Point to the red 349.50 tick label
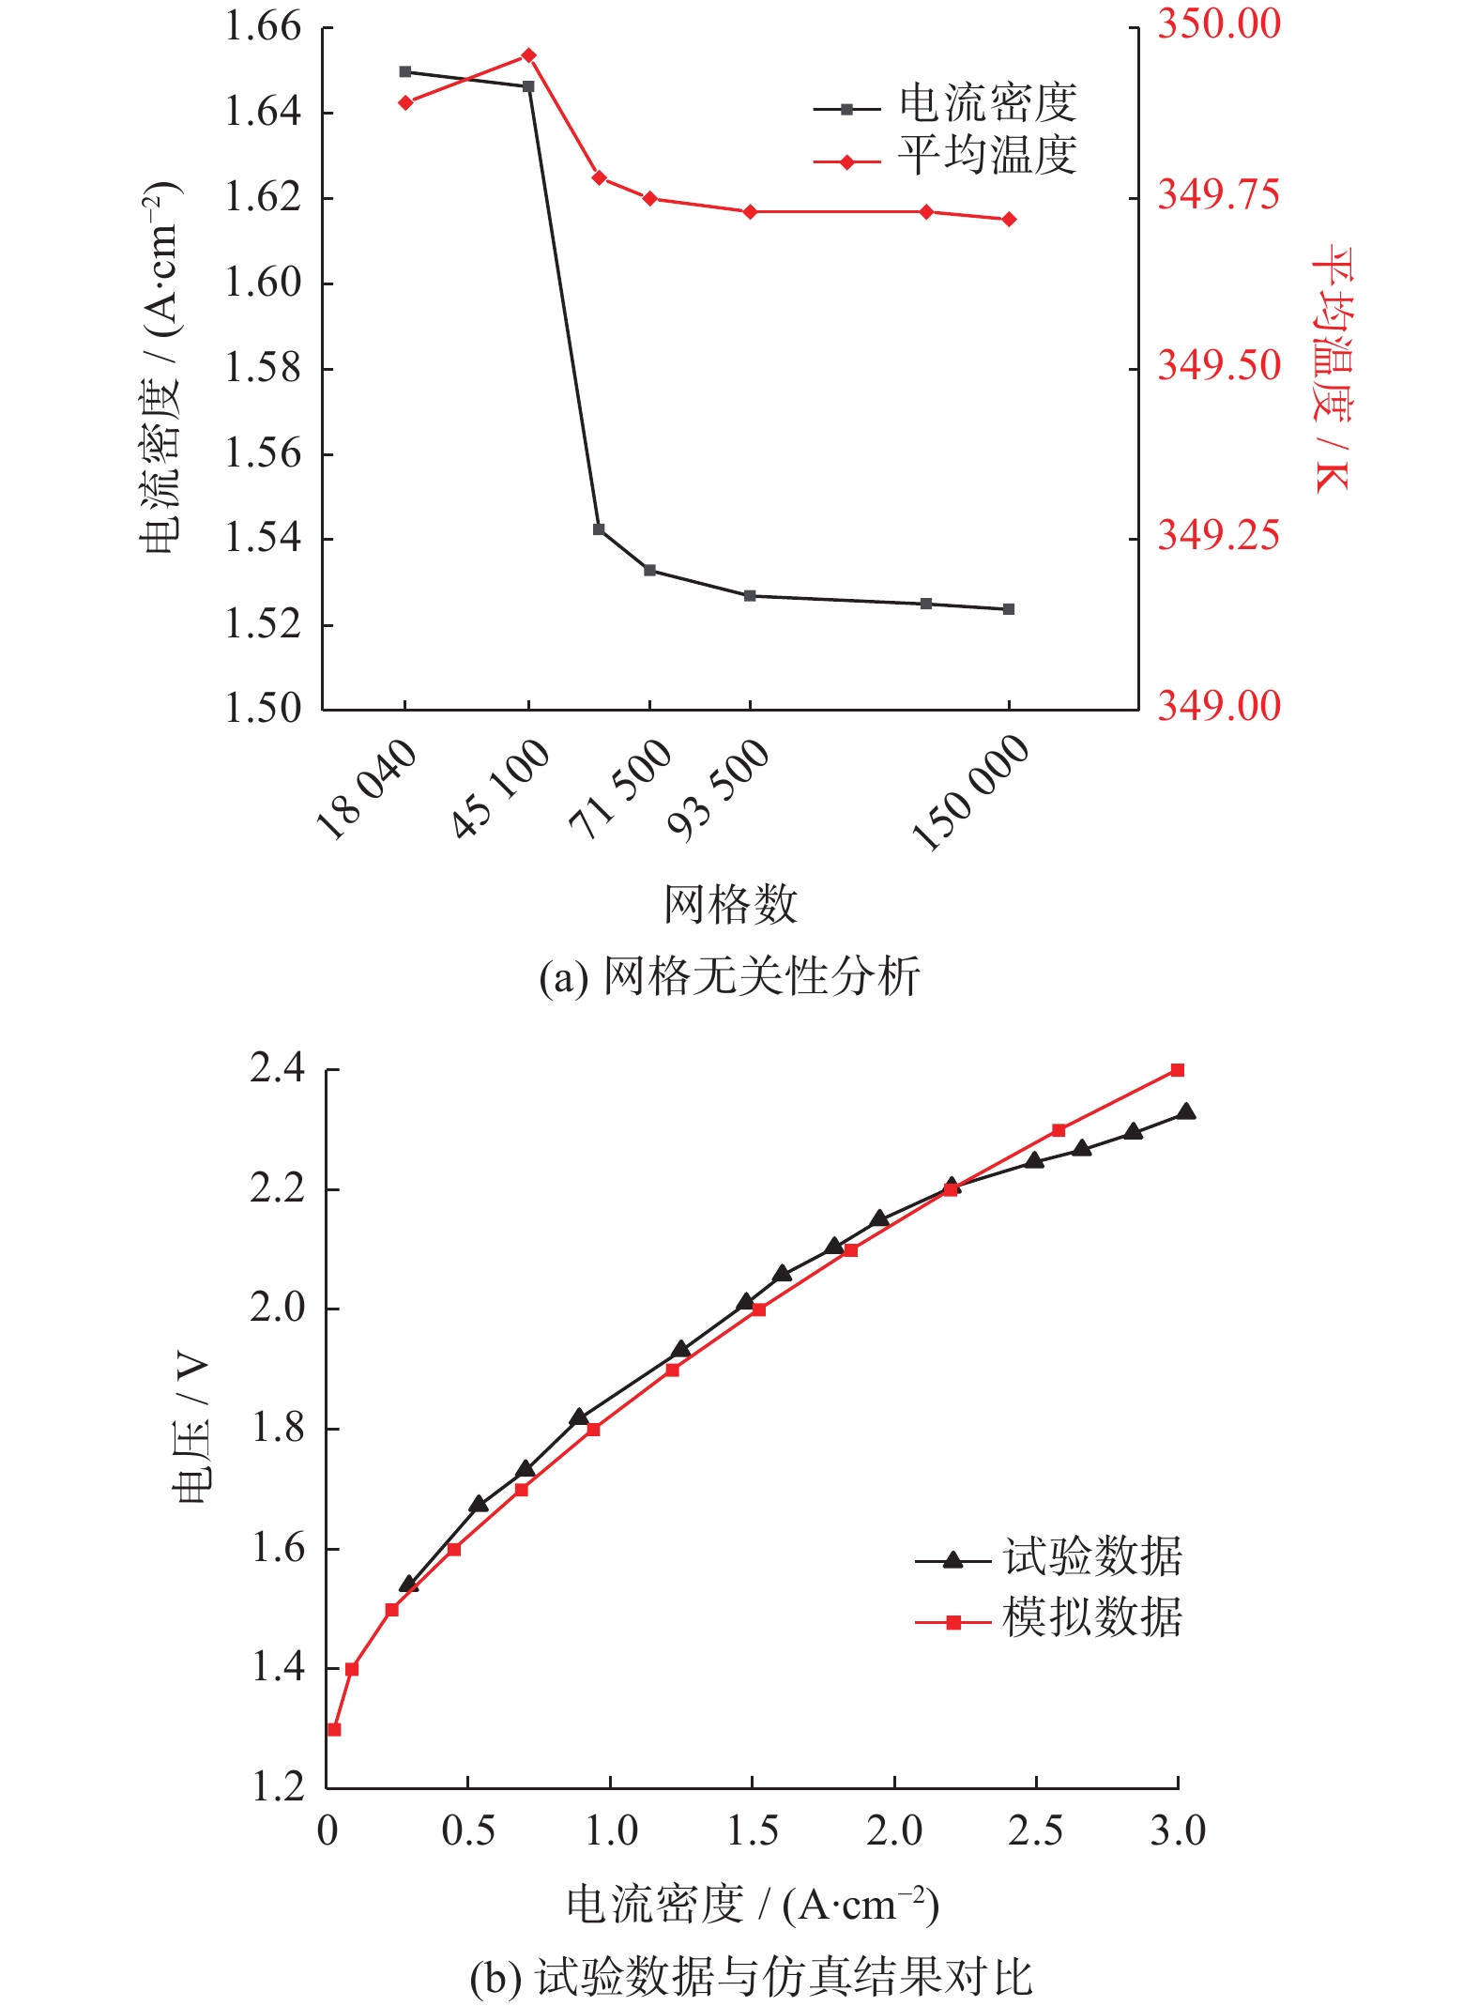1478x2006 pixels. coord(1218,366)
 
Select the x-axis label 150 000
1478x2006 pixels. coord(972,793)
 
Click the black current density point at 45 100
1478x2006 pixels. coord(528,86)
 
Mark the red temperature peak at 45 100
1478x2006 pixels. coord(528,55)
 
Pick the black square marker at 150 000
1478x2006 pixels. coord(1009,609)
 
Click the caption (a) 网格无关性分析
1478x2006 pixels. coord(730,977)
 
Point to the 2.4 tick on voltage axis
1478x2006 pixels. coord(277,1069)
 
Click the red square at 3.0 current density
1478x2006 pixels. coord(1178,1070)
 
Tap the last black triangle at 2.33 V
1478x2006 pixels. coord(1186,1112)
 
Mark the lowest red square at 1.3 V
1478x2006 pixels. coord(334,1730)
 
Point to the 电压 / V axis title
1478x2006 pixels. coord(191,1429)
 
